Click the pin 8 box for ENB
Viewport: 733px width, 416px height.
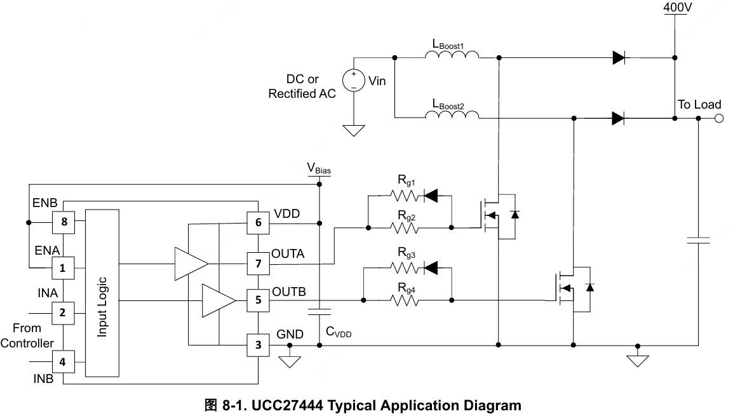pos(63,222)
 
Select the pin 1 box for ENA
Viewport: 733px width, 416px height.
pos(63,267)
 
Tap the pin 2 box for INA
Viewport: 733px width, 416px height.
pos(63,312)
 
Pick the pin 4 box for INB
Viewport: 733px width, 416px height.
pos(63,363)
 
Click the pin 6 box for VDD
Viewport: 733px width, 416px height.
pos(258,222)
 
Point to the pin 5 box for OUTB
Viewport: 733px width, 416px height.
pos(258,300)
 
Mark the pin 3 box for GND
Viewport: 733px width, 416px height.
pos(258,345)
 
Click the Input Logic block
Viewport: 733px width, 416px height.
pos(102,293)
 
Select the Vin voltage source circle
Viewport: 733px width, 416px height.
pos(353,81)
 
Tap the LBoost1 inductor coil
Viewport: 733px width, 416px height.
pos(452,57)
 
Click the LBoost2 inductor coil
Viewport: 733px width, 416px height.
pos(452,115)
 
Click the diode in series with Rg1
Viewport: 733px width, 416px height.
pos(431,196)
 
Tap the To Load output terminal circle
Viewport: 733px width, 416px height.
pos(718,118)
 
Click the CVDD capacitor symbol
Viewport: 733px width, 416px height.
pos(319,311)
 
